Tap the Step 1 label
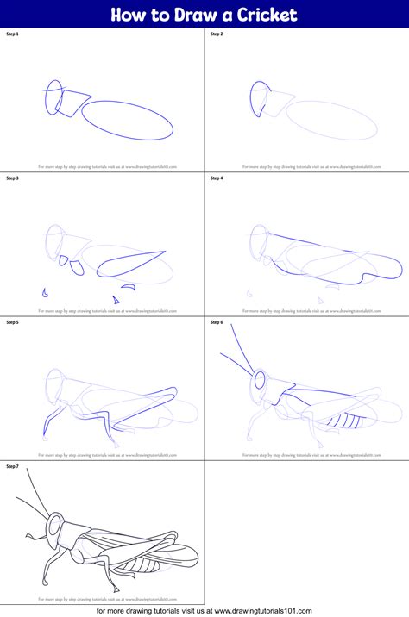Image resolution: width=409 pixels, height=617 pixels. pyautogui.click(x=12, y=34)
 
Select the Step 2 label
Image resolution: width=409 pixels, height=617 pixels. pyautogui.click(x=217, y=34)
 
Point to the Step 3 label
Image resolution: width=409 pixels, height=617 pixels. pyautogui.click(x=12, y=178)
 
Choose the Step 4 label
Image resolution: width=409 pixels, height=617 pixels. pyautogui.click(x=217, y=178)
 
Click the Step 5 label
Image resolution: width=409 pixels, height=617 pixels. pyautogui.click(x=12, y=322)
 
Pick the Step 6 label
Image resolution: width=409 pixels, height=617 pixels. pyautogui.click(x=217, y=322)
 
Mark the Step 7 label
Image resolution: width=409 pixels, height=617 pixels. pyautogui.click(x=12, y=466)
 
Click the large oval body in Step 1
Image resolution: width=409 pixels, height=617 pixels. pyautogui.click(x=129, y=120)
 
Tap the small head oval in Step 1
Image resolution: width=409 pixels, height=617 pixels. pyautogui.click(x=53, y=97)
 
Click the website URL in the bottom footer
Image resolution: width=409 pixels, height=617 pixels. pyautogui.click(x=263, y=611)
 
